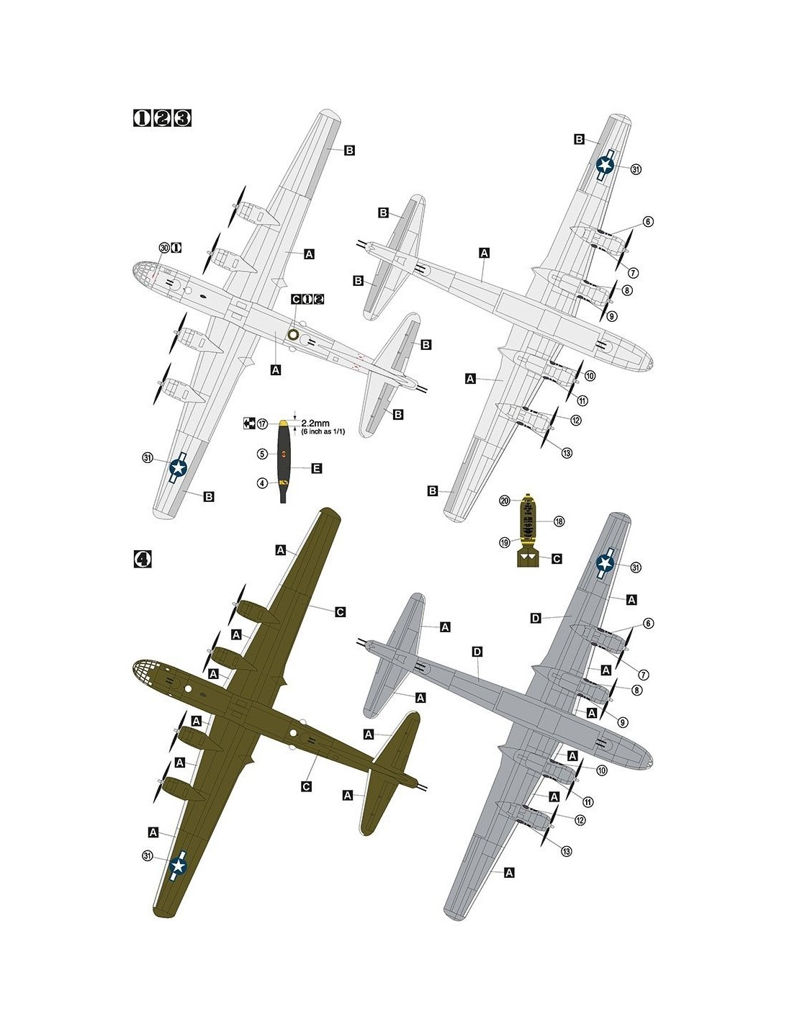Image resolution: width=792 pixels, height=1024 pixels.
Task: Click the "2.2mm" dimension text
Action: (315, 423)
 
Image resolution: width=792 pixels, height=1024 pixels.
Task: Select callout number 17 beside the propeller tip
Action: (262, 424)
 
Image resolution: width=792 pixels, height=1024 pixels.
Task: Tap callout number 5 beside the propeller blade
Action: (262, 454)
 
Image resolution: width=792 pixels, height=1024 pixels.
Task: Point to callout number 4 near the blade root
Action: (262, 483)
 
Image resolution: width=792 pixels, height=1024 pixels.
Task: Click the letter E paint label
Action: (317, 469)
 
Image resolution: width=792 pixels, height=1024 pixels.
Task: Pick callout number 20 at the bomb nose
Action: (504, 500)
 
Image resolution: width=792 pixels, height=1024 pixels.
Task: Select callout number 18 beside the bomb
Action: (559, 521)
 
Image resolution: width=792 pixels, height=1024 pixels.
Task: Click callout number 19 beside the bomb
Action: (504, 542)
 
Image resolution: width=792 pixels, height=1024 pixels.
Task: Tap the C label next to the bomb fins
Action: (557, 559)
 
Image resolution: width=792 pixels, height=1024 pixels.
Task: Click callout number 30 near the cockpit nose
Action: (164, 248)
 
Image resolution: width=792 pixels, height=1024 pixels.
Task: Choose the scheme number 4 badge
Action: (143, 559)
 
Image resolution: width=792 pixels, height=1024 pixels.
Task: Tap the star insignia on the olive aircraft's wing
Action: (178, 866)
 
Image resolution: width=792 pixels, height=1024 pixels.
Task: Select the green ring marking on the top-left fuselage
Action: (294, 333)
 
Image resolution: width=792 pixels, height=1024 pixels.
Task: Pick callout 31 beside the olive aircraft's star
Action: (148, 856)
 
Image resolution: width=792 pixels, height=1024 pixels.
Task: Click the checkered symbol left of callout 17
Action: (249, 423)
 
